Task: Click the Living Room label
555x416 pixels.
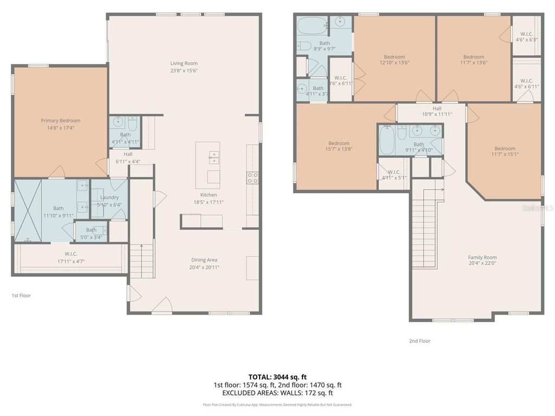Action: (x=184, y=63)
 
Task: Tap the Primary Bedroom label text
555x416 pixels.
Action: (x=60, y=121)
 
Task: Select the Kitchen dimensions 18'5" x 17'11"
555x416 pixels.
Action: (x=209, y=202)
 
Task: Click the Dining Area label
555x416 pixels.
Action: (x=204, y=260)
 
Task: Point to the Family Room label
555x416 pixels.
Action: (x=482, y=257)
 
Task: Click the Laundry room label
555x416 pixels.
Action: (x=109, y=197)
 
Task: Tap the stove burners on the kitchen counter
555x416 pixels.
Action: (x=253, y=178)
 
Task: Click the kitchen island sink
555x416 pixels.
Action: (x=214, y=157)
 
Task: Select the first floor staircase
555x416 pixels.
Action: (x=142, y=261)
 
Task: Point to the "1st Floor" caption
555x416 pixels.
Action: (x=21, y=296)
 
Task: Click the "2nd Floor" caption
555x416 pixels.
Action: (x=420, y=341)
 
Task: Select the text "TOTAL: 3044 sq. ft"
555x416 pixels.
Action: (x=277, y=376)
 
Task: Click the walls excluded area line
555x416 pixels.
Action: (x=277, y=393)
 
